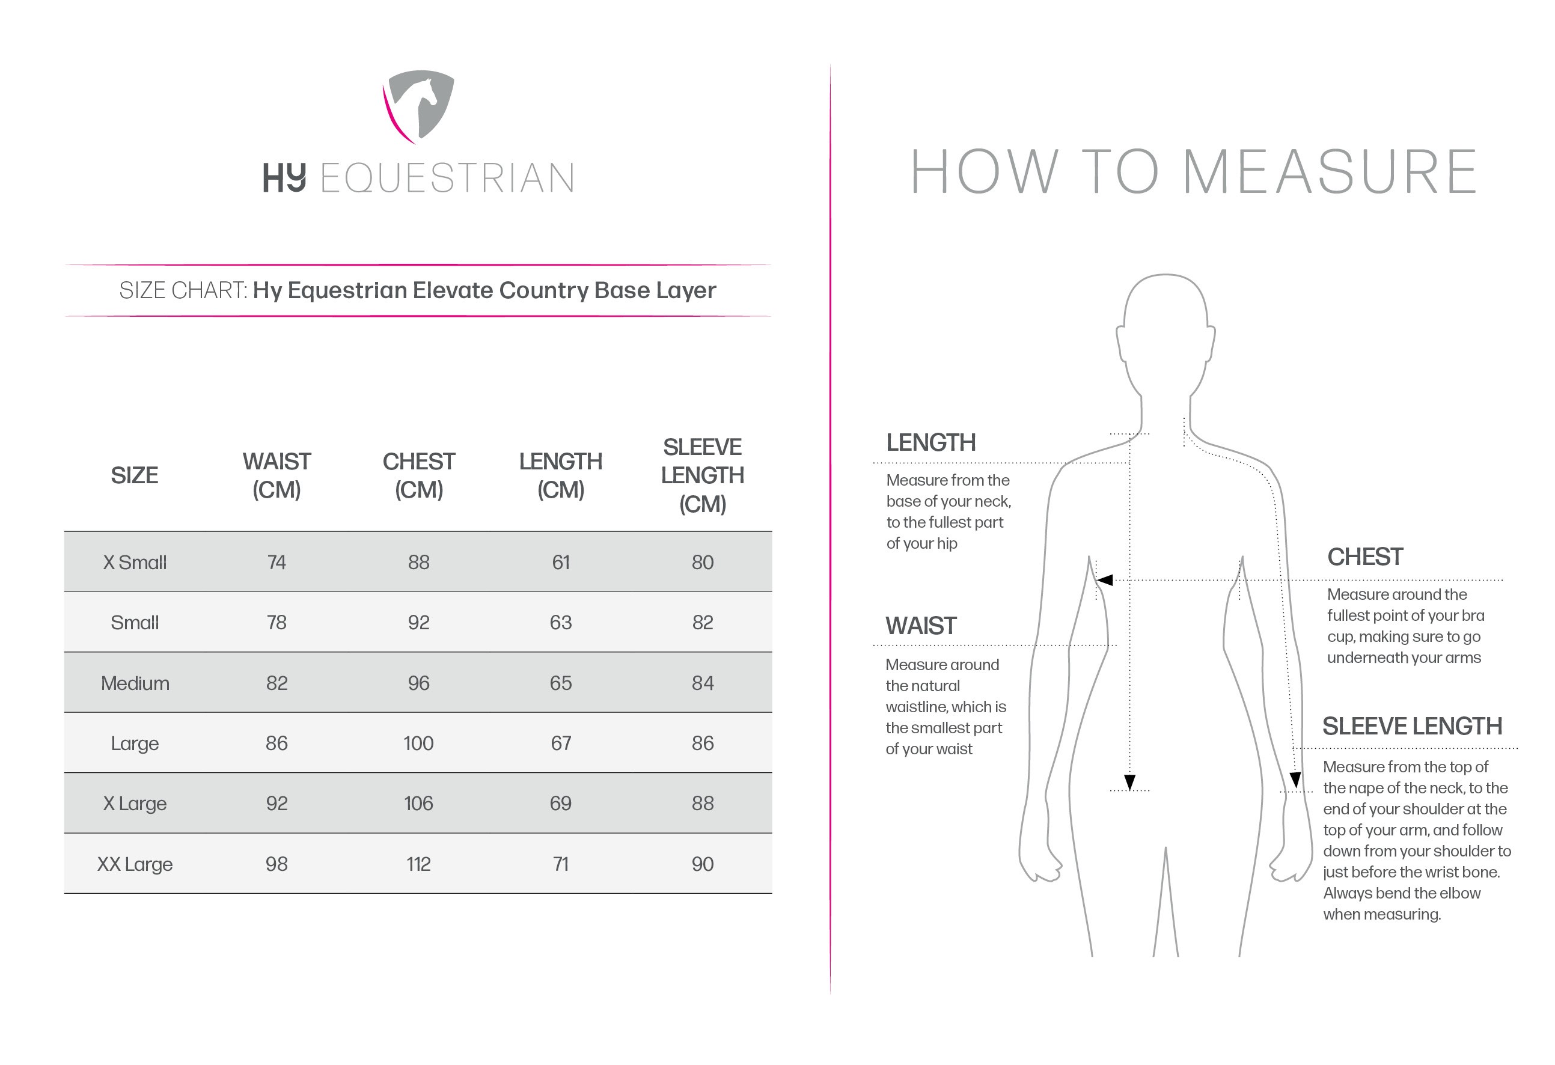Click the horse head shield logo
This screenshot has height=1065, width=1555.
point(419,106)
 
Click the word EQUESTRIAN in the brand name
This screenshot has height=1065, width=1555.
point(447,178)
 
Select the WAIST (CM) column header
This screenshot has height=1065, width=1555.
point(276,475)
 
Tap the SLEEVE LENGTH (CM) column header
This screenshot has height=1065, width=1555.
point(702,475)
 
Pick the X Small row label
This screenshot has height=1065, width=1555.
point(135,563)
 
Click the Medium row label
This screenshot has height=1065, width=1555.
point(135,683)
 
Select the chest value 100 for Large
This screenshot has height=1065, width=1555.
point(418,743)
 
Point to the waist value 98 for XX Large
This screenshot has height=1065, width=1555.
point(276,864)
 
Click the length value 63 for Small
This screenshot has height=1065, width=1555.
point(560,623)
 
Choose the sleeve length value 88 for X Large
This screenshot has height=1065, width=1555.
point(702,804)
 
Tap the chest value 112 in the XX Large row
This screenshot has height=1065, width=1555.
point(418,864)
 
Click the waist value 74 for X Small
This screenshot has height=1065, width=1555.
point(276,563)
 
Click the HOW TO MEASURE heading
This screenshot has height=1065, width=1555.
point(1193,172)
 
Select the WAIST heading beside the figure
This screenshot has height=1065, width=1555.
point(921,626)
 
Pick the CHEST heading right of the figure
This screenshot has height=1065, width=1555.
point(1364,557)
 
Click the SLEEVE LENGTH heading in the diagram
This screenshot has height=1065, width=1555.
point(1412,727)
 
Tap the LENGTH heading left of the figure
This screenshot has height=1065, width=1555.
point(930,443)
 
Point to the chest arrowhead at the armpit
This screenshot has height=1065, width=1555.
point(1104,580)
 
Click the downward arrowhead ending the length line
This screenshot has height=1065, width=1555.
point(1129,782)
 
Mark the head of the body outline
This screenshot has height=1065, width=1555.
point(1165,328)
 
